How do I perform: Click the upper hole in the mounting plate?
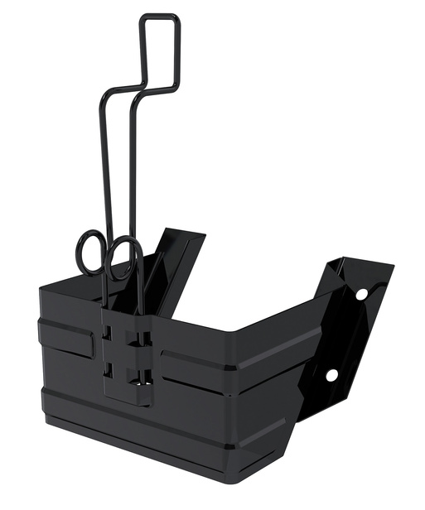[x=361, y=293]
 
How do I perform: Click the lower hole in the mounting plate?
[x=331, y=375]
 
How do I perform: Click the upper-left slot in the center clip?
[x=108, y=333]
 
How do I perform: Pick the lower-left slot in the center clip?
[x=109, y=368]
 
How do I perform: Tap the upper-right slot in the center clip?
[x=142, y=338]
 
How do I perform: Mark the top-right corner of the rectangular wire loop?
[x=176, y=18]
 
